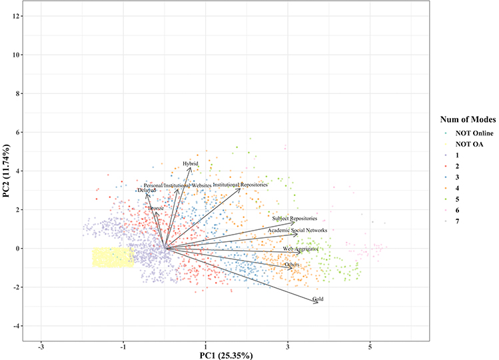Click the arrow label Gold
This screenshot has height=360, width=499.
click(x=318, y=299)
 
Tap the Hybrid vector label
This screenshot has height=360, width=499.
click(x=191, y=163)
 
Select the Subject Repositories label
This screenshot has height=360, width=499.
click(x=294, y=218)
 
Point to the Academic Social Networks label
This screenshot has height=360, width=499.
click(x=297, y=230)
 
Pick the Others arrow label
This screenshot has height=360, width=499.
click(x=292, y=265)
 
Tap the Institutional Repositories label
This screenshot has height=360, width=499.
click(x=240, y=184)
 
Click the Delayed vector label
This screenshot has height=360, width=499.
click(x=146, y=191)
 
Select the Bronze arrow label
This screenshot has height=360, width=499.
click(x=156, y=209)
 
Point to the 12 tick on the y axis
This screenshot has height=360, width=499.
click(x=15, y=16)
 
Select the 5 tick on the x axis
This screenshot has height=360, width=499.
click(x=370, y=347)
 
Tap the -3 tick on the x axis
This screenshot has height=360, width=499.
click(x=41, y=347)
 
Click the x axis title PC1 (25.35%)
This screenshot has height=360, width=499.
click(x=227, y=355)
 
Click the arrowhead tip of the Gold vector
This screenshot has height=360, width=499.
click(x=319, y=303)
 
